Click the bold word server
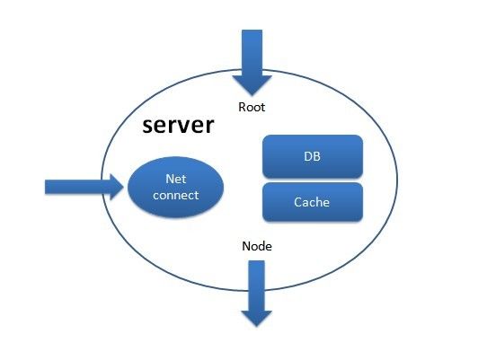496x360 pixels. [178, 125]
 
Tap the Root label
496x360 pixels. [252, 107]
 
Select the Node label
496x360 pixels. [257, 246]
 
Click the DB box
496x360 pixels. [313, 156]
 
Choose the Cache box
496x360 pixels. [313, 202]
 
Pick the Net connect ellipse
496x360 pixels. [175, 187]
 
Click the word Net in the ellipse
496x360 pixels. [175, 179]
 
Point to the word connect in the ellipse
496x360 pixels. [175, 195]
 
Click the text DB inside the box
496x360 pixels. [312, 156]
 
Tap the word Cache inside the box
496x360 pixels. [312, 202]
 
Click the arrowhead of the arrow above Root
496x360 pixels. [252, 85]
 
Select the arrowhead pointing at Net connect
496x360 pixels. [117, 187]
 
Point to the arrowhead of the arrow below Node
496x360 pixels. [257, 319]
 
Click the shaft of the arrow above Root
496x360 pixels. [252, 53]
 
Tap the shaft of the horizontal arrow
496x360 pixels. [77, 187]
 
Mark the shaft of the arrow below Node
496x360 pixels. [257, 285]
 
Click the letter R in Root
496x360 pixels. [242, 107]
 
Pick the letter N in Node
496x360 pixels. [246, 246]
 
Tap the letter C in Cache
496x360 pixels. [297, 202]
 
